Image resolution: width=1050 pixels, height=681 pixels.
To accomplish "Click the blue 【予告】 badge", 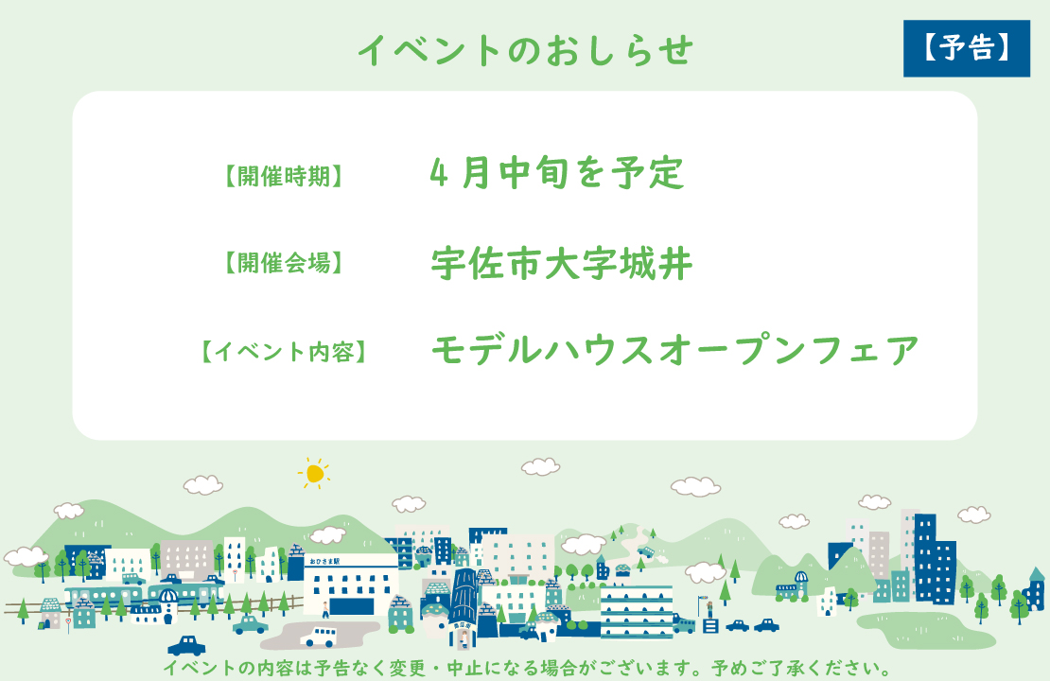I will coord(966,48).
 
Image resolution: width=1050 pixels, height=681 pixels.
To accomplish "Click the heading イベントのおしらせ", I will coord(525,50).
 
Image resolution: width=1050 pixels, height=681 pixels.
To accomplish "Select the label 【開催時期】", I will coord(283,176).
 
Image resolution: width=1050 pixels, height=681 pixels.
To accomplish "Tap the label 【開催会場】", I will coord(283,264).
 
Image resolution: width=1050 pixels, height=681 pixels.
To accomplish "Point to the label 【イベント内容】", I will coord(283,352).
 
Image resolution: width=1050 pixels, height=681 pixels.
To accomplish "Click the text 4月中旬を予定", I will coord(556,172).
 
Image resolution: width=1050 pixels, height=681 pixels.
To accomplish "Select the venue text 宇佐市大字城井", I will coord(562,264).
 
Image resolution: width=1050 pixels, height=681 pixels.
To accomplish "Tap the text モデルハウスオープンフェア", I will coord(675,351).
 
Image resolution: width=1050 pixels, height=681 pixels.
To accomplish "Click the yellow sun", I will coord(314,473).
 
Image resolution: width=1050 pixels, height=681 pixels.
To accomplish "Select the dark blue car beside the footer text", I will coord(186,646).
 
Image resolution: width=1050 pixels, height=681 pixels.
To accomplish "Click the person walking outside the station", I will coord(326,607).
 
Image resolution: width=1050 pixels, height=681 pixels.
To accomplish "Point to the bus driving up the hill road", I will coord(646,550).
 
